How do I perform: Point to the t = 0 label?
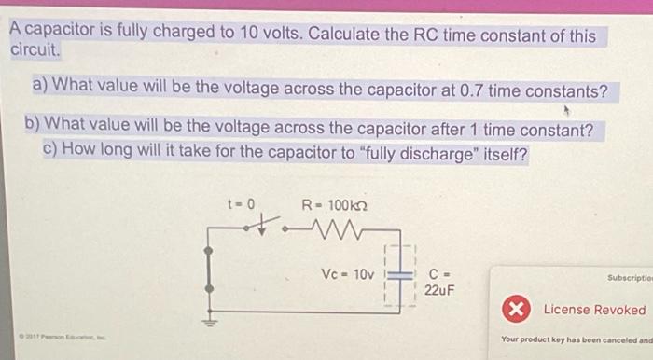[241, 202]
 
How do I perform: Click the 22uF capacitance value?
[439, 290]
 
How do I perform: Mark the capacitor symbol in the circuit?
[399, 276]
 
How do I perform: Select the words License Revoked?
[594, 310]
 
